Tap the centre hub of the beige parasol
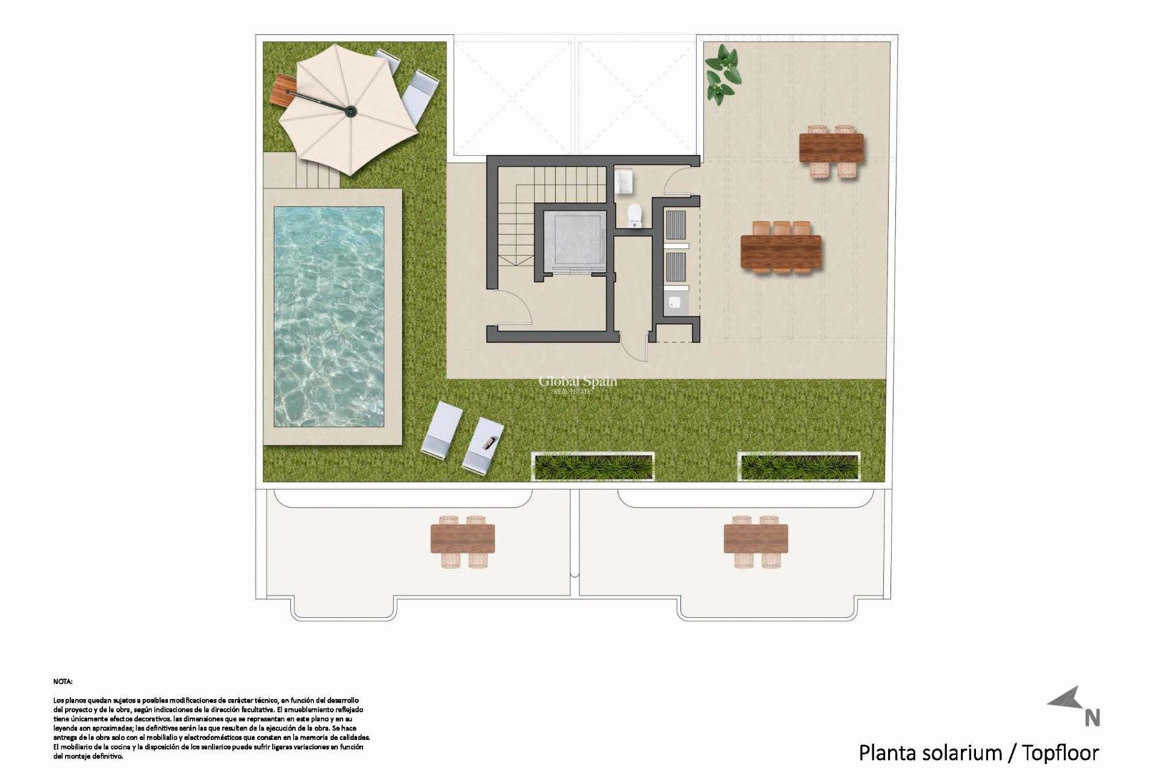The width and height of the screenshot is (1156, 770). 350,110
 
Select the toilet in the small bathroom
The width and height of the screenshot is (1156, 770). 635,215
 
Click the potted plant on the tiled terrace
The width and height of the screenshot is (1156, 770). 722,73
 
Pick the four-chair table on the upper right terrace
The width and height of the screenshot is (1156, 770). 831,148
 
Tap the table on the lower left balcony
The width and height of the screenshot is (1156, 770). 462,538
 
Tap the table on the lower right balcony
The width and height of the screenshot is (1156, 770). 756,538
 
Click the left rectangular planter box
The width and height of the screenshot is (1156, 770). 593,466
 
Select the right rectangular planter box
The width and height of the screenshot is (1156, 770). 799,466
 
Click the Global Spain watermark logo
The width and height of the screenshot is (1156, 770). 577,383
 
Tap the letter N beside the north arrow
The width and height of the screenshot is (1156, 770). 1092,718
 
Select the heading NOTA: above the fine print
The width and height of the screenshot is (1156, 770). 63,682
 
